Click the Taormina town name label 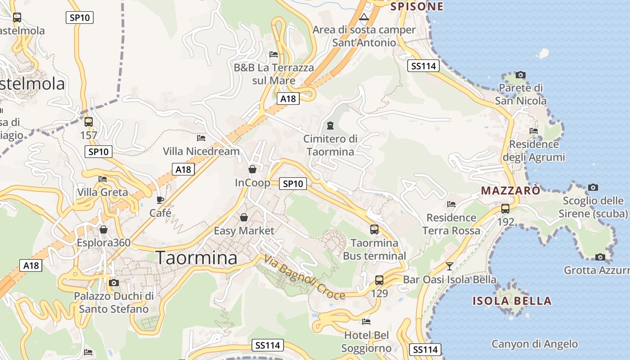197,258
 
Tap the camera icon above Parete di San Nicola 521,75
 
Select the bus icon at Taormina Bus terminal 374,229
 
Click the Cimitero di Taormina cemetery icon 330,125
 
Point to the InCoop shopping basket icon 252,169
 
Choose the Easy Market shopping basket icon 244,217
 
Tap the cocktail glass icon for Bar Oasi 449,266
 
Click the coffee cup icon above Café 160,199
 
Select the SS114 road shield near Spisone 423,66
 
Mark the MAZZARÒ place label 511,190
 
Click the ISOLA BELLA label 512,301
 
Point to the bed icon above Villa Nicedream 201,138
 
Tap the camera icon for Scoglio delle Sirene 593,187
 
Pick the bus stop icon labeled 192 505,209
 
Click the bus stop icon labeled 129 379,280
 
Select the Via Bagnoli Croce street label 305,278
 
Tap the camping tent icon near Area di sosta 364,17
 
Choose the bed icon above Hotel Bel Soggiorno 366,322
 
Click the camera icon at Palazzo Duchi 114,283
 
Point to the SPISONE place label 417,6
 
